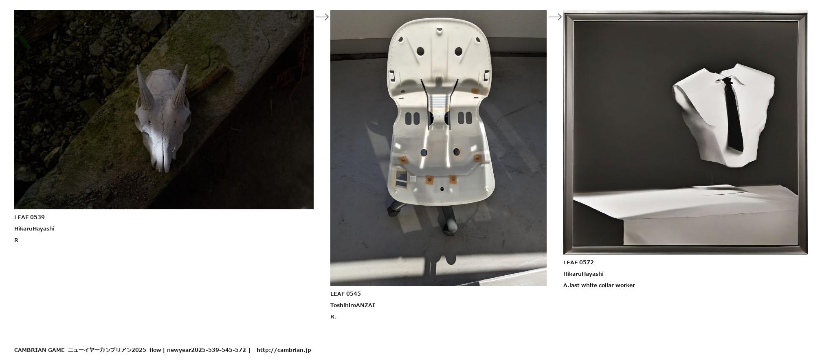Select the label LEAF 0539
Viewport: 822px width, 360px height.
point(29,217)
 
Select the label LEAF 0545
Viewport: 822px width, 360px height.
point(345,294)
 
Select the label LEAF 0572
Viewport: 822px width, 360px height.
point(578,263)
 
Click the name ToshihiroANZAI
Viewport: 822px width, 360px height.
point(352,305)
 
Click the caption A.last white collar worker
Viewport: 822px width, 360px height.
point(599,285)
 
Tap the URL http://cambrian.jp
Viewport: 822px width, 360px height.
point(284,350)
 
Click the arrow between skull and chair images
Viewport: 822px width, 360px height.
point(322,17)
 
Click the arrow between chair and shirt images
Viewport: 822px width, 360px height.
point(555,17)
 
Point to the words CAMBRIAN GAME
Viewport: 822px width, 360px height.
point(39,350)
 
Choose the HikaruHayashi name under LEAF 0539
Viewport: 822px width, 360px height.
point(34,229)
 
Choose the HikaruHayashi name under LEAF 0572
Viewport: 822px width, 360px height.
point(583,274)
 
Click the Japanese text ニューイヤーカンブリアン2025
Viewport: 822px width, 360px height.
point(107,350)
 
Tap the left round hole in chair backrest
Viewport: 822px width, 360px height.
point(420,52)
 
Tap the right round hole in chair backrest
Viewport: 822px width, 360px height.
point(458,52)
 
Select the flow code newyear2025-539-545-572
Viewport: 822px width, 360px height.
point(207,350)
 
